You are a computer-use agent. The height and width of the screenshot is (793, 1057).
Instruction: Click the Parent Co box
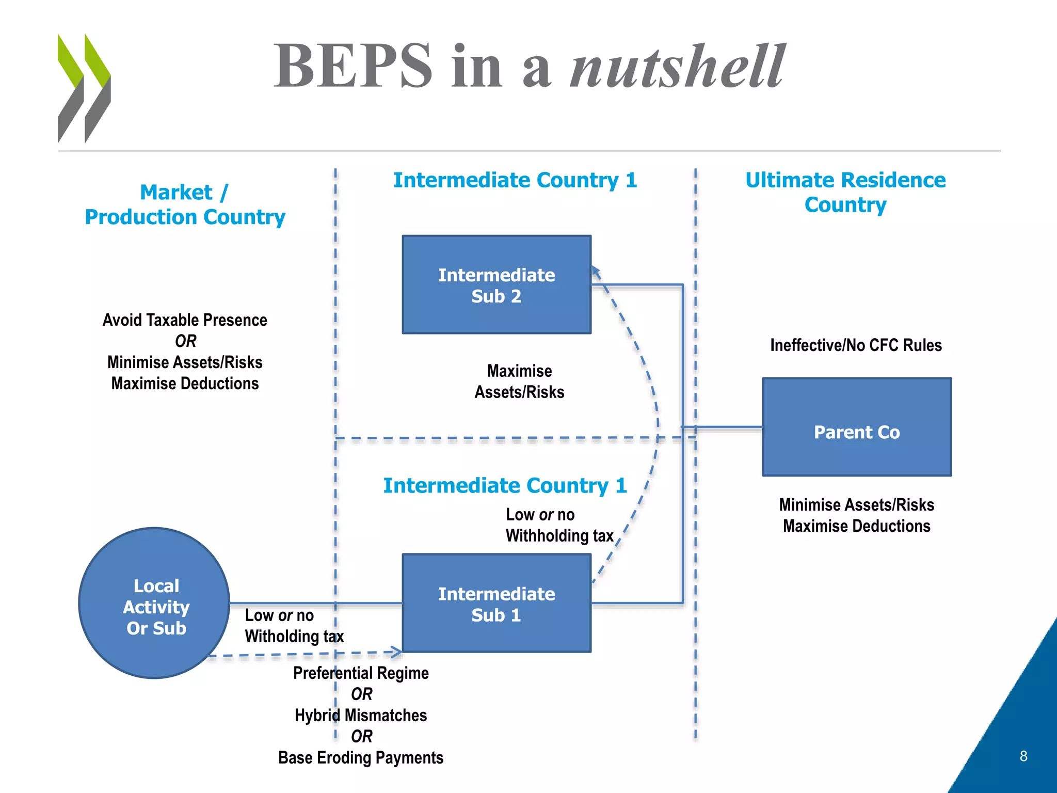(x=856, y=427)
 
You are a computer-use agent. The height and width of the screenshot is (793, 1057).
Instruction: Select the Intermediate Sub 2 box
(x=496, y=285)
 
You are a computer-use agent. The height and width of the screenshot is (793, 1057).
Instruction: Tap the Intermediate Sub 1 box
(x=496, y=604)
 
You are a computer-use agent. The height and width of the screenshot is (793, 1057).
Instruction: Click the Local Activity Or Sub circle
(x=155, y=603)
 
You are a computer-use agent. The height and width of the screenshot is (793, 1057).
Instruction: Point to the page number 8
(x=1023, y=756)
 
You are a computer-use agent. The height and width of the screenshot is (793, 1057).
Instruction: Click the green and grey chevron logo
(x=84, y=88)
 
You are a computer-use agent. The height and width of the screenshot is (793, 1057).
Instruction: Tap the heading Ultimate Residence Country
(x=845, y=192)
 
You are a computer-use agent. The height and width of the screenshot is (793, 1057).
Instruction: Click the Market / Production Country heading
(x=185, y=204)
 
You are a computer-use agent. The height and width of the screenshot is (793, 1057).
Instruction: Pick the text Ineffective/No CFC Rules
(x=856, y=345)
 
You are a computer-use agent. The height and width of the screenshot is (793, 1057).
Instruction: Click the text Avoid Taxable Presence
(x=185, y=320)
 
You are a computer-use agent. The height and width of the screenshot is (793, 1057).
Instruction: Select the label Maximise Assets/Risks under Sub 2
(x=519, y=382)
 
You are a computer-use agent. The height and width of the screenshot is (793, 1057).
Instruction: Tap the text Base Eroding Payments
(x=360, y=757)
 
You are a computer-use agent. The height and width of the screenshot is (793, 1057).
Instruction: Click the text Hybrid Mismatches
(x=360, y=715)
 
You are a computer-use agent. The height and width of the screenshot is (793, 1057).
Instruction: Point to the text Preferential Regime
(x=360, y=673)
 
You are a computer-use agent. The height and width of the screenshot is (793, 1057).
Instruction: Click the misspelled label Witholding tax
(x=294, y=636)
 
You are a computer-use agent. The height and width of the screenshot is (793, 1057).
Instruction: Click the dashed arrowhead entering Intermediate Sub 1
(x=397, y=652)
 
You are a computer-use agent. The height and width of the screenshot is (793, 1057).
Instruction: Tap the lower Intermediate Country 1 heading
(x=504, y=486)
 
